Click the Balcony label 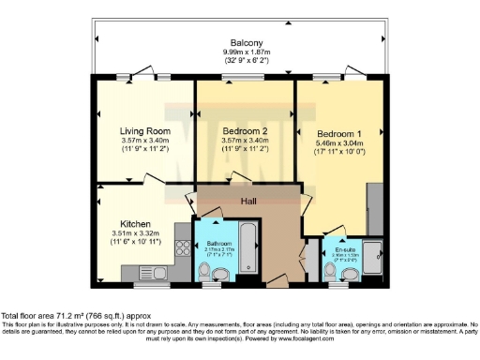[x=245, y=43]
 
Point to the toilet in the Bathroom [x=218, y=272]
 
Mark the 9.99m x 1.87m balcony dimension [x=245, y=53]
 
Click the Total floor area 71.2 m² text [x=75, y=316]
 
